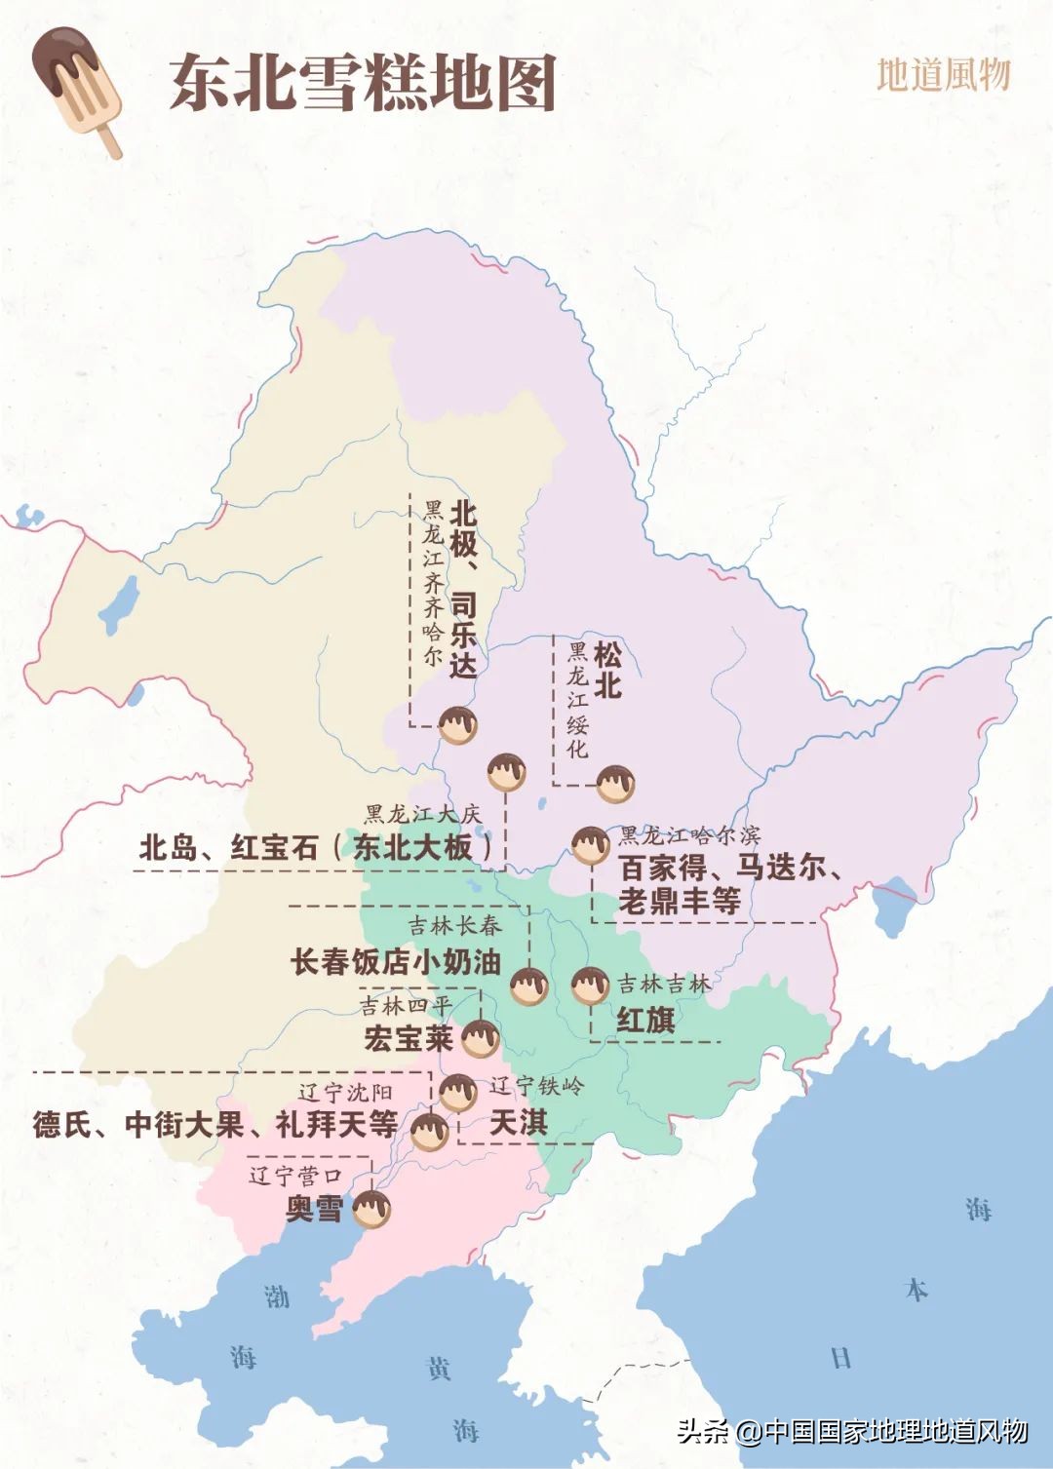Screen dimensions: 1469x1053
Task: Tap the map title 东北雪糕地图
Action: (x=362, y=82)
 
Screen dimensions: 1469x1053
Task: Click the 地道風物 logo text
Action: (x=943, y=74)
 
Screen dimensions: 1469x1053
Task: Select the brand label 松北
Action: (x=606, y=670)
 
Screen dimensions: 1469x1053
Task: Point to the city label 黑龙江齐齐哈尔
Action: (x=433, y=583)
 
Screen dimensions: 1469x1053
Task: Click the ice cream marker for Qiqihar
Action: (x=457, y=725)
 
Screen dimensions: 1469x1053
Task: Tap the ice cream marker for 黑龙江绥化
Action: (x=615, y=783)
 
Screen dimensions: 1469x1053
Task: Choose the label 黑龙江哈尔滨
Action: (x=689, y=835)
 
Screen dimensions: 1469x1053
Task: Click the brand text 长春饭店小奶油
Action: (x=395, y=962)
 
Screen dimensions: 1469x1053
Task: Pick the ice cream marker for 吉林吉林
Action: (x=590, y=986)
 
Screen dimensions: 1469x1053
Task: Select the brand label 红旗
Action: (x=645, y=1021)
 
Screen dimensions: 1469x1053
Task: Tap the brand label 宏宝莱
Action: (x=409, y=1038)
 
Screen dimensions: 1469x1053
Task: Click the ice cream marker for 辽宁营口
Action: (x=371, y=1210)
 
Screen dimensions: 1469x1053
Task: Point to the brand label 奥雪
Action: (x=314, y=1209)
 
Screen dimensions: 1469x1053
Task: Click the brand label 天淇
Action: (x=518, y=1122)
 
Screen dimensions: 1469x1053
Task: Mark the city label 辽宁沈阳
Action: (x=345, y=1093)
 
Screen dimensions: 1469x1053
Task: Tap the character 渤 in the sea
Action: (x=277, y=1296)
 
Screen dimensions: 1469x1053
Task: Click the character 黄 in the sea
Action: (x=440, y=1368)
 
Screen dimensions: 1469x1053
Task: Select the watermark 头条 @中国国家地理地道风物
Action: (x=852, y=1430)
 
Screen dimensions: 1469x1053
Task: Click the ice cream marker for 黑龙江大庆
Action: (x=506, y=772)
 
